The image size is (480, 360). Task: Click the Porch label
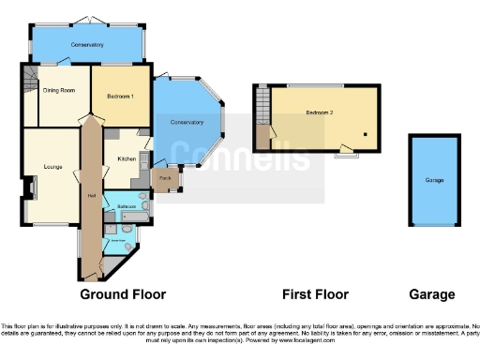click(x=164, y=178)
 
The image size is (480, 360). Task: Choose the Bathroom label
click(x=128, y=205)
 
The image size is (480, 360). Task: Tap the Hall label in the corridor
click(x=91, y=195)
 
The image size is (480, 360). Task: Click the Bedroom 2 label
click(x=319, y=113)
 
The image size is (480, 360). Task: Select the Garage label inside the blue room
click(x=434, y=180)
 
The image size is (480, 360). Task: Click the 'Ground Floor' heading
click(x=123, y=294)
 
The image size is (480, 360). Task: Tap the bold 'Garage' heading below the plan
click(x=434, y=294)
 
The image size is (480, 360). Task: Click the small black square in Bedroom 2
click(x=366, y=135)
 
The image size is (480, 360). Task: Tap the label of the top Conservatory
click(x=85, y=45)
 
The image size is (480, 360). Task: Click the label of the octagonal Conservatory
click(x=187, y=123)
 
